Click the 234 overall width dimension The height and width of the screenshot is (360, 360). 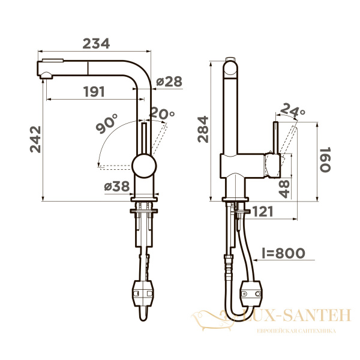[96, 44]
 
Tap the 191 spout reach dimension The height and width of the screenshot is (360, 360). [92, 92]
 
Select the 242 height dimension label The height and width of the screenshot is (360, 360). [35, 139]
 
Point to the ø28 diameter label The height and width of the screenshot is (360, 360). [169, 82]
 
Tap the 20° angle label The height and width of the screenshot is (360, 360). [161, 113]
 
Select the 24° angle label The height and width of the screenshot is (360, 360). [293, 112]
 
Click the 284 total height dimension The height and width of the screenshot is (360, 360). [202, 129]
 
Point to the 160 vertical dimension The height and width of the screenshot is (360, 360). [325, 160]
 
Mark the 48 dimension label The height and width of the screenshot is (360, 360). [284, 188]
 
